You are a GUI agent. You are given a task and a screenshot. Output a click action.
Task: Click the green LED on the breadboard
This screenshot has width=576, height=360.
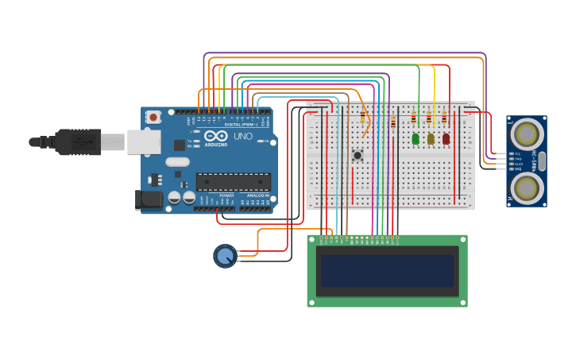coord(416,138)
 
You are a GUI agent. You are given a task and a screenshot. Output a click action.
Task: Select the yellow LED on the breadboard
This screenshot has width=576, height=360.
coord(431,138)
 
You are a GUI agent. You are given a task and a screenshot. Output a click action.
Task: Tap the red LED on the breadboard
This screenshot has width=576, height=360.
coord(446,138)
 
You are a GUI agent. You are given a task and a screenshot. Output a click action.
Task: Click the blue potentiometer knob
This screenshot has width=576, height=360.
coord(225,256)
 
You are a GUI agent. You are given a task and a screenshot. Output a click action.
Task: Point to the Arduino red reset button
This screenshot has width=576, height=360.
coord(153,117)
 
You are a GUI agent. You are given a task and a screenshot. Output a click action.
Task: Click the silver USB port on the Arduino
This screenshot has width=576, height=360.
coord(144,141)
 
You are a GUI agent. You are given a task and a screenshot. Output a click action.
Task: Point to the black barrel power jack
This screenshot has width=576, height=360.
coord(149,199)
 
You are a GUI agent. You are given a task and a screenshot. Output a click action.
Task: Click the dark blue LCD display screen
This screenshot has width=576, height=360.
coord(387,271)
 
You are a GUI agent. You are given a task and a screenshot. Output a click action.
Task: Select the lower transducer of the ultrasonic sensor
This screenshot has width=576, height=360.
coord(527,188)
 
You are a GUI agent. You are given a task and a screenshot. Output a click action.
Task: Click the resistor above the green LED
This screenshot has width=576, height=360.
coord(413,118)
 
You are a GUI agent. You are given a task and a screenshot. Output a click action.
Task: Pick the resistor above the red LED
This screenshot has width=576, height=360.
coord(444,118)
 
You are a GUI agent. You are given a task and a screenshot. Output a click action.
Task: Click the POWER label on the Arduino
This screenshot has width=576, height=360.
coord(226,195)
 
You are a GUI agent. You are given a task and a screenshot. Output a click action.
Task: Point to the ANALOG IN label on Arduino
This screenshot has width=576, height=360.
coord(257,195)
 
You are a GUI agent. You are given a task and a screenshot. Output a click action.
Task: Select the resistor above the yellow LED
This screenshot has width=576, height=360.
coord(429,118)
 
